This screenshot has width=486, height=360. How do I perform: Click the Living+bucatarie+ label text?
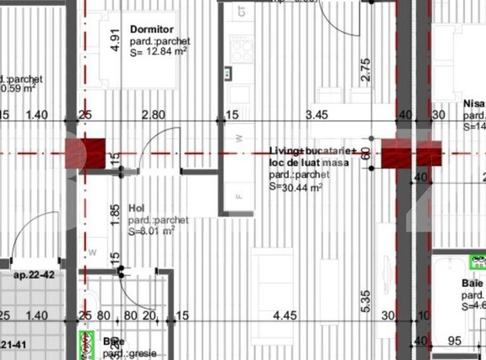[307, 151]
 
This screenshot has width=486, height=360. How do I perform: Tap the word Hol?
[137, 208]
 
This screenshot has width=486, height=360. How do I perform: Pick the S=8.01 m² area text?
[152, 230]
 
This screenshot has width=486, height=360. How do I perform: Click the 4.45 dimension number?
[285, 316]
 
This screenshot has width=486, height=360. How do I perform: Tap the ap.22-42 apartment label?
[34, 274]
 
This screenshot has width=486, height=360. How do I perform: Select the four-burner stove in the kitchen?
[242, 49]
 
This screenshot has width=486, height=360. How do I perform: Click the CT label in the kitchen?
[242, 12]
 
